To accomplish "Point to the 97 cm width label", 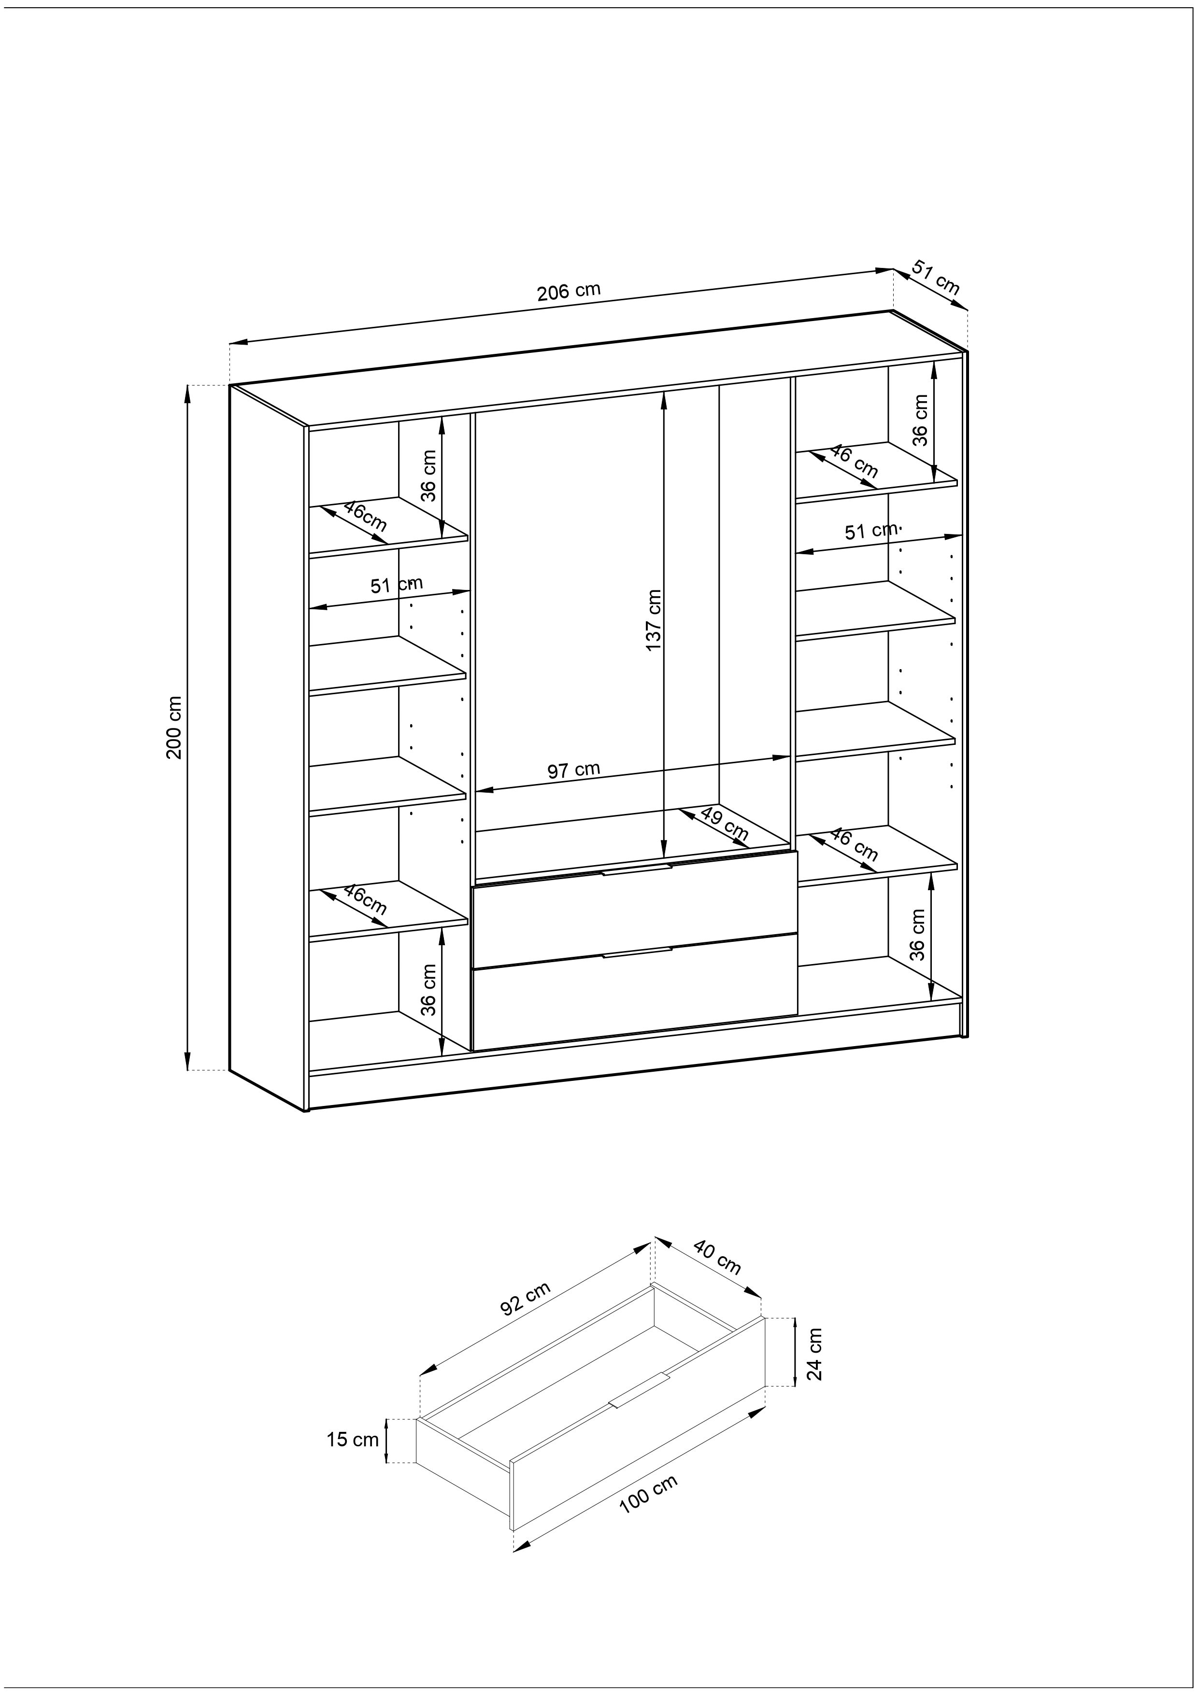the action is point(573,770).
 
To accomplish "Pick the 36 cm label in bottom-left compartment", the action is point(429,990).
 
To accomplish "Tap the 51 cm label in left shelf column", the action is point(397,584).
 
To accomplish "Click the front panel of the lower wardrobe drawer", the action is point(635,993).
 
